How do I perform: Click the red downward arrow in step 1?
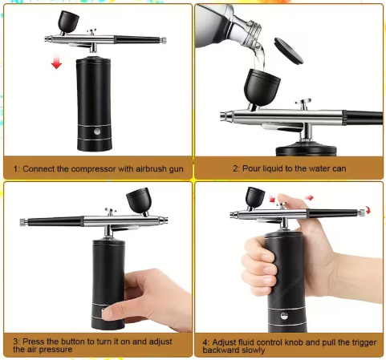tap(56, 62)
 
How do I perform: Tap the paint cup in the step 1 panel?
tap(68, 22)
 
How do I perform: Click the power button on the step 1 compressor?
tap(97, 131)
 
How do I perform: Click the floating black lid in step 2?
tap(289, 51)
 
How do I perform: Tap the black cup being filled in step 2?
tap(262, 87)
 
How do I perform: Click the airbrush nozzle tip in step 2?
tap(222, 116)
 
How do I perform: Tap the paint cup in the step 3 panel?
tap(139, 200)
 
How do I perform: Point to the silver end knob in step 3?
tap(22, 222)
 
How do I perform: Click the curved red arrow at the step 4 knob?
tap(368, 210)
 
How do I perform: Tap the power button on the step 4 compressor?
tap(284, 316)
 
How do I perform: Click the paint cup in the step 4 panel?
tap(255, 198)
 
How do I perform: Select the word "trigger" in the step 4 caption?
tap(364, 343)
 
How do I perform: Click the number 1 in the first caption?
tap(15, 169)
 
